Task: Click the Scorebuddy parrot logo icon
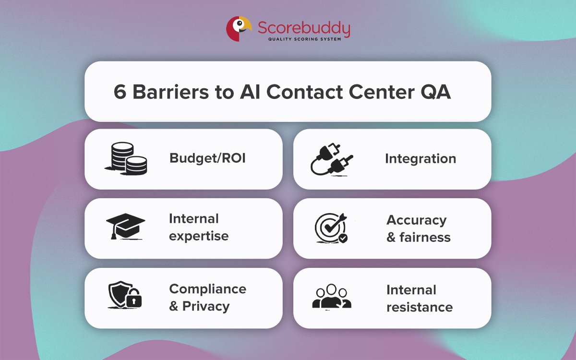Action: [x=239, y=29]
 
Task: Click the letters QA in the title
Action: [x=435, y=92]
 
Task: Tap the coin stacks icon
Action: [x=126, y=158]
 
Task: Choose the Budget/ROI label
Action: [x=207, y=158]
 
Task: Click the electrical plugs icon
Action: [x=332, y=159]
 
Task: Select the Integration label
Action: [x=420, y=159]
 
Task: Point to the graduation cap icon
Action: [x=125, y=226]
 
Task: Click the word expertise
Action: [x=199, y=236]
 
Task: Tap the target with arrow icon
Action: [x=331, y=228]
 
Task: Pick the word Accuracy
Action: [x=417, y=220]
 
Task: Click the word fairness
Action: [x=425, y=237]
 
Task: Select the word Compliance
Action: [x=207, y=289]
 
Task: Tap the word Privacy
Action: [x=206, y=306]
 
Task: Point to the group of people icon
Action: [x=332, y=297]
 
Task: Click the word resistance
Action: [x=420, y=307]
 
